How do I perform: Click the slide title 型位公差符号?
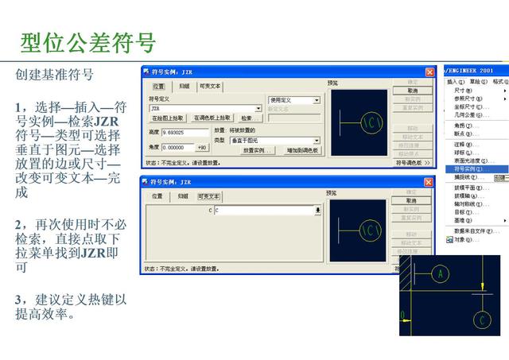pyautogui.click(x=87, y=41)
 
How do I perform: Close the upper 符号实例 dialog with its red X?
pyautogui.click(x=429, y=72)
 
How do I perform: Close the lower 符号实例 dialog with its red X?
pyautogui.click(x=429, y=183)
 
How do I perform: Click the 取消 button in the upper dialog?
pyautogui.click(x=412, y=91)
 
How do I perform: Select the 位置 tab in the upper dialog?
pyautogui.click(x=158, y=86)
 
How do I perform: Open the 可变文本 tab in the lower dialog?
pyautogui.click(x=210, y=195)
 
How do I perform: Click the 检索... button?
pyautogui.click(x=249, y=118)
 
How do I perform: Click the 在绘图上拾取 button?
pyautogui.click(x=168, y=118)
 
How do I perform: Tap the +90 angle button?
pyautogui.click(x=202, y=147)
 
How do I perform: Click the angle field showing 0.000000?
pyautogui.click(x=177, y=147)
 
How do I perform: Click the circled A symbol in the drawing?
pyautogui.click(x=440, y=273)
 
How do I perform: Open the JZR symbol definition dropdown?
pyautogui.click(x=258, y=108)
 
